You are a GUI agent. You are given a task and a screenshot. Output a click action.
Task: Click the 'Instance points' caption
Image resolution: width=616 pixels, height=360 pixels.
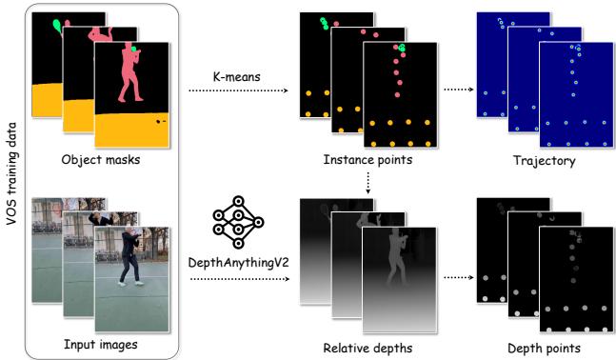pyautogui.click(x=368, y=160)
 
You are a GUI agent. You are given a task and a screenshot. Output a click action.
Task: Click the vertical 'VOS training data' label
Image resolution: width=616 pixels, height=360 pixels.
pyautogui.click(x=14, y=182)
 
